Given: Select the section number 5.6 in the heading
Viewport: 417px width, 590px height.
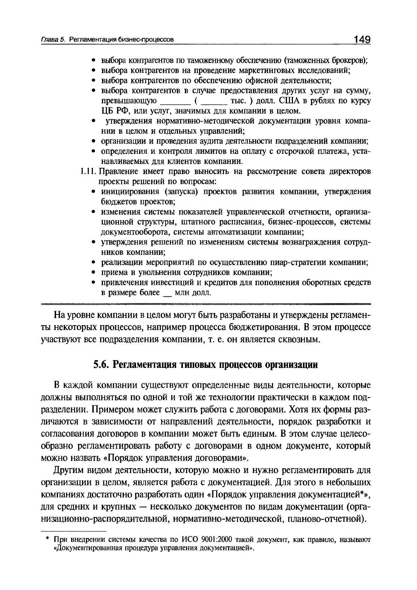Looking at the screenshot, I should [100, 365].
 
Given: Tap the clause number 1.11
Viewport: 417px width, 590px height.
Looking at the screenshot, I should [88, 172].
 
